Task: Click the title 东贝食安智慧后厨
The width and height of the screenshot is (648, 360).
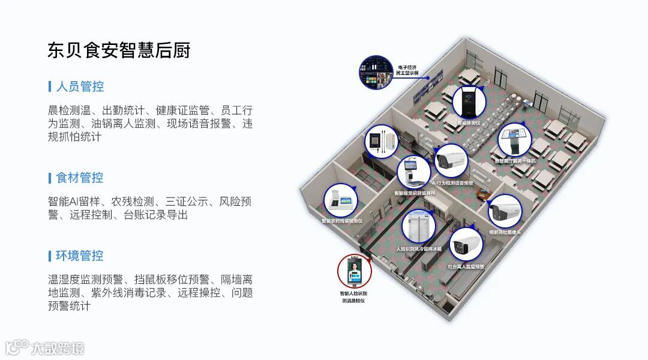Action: tap(119, 50)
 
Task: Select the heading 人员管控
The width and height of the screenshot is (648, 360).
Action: tap(80, 86)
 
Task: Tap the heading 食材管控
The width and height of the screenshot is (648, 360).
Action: tap(80, 178)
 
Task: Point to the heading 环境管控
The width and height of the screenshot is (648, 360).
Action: tap(80, 256)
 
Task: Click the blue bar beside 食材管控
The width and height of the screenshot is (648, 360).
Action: tap(49, 178)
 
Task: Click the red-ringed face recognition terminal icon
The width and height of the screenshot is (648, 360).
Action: tap(354, 272)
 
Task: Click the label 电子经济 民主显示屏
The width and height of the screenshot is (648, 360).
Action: tap(407, 70)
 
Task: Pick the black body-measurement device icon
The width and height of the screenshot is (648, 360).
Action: tap(469, 103)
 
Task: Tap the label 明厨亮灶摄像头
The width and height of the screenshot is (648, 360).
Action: tap(505, 232)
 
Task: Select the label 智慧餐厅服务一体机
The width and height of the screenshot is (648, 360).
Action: tap(515, 161)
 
